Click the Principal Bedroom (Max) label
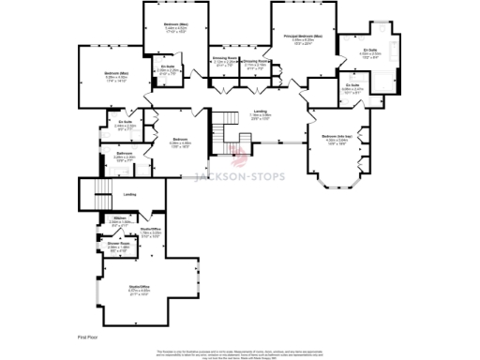tap(298, 38)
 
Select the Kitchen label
tap(119, 221)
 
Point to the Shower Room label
tap(119, 247)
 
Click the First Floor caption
tap(87, 335)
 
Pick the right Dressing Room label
tap(256, 64)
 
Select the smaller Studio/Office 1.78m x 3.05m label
tap(151, 233)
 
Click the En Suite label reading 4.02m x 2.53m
tap(369, 53)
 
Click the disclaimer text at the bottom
tap(239, 353)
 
